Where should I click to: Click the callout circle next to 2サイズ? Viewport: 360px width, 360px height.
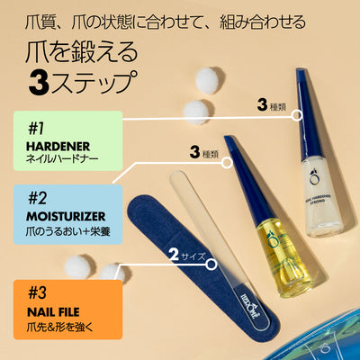tap(211, 265)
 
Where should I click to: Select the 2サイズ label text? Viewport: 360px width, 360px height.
tap(186, 256)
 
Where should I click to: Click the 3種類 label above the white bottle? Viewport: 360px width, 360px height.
tap(274, 105)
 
